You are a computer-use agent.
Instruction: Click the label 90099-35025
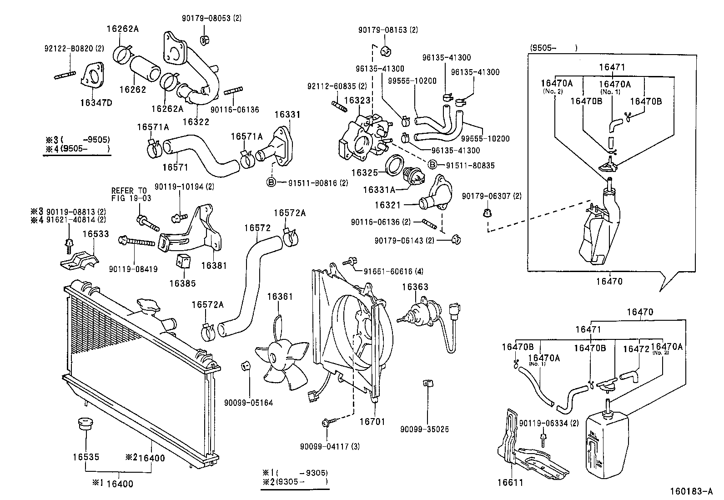point(424,429)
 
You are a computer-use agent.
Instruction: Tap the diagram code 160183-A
point(691,491)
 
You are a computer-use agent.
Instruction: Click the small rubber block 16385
point(183,261)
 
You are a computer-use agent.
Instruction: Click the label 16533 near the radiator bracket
point(96,234)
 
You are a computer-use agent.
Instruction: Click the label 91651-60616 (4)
point(393,272)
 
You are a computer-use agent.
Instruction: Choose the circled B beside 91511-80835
point(433,165)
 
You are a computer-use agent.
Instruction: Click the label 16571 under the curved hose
point(175,167)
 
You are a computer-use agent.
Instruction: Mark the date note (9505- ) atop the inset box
point(553,48)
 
